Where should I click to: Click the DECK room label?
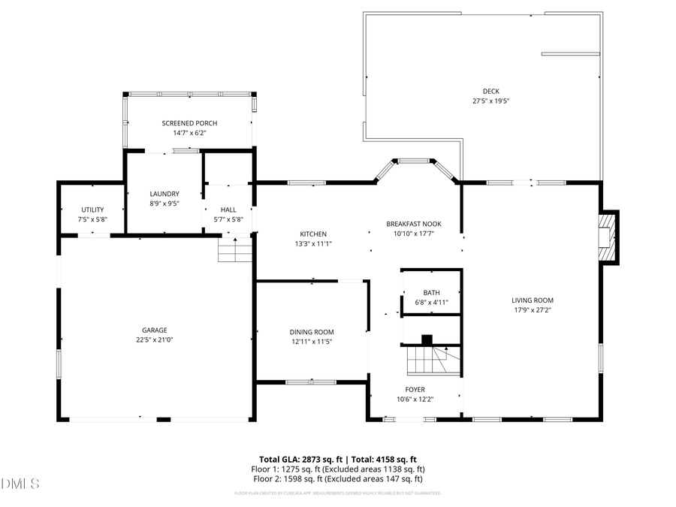[485, 92]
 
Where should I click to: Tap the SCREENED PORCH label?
[184, 123]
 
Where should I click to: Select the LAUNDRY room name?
[164, 193]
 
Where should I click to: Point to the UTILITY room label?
[92, 210]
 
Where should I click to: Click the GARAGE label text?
[155, 330]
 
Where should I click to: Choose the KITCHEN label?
[313, 234]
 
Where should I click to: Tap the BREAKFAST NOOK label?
[413, 224]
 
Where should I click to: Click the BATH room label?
[431, 293]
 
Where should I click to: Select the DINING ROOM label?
[312, 332]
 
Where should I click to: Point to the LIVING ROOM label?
[533, 300]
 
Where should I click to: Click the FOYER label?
[415, 389]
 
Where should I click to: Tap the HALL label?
[228, 210]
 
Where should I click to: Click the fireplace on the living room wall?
[608, 237]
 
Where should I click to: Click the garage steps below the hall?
[234, 249]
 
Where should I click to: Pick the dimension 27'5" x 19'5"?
[485, 101]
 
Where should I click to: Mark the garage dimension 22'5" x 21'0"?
[155, 340]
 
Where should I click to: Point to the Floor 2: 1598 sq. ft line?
[338, 478]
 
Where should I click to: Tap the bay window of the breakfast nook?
[416, 161]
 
